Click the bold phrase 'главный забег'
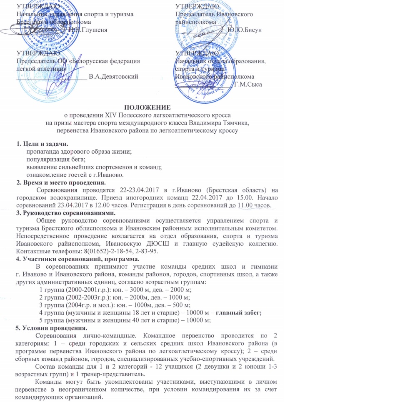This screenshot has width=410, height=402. [x=240, y=312]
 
